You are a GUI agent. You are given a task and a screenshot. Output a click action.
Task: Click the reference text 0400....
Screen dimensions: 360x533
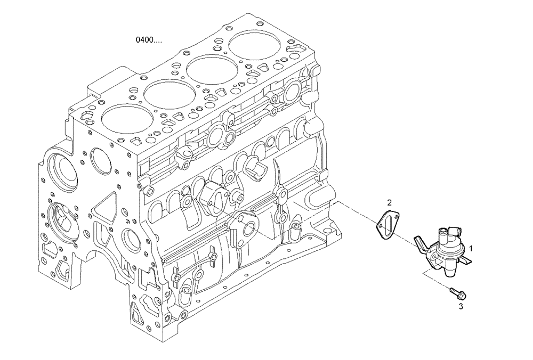(149, 40)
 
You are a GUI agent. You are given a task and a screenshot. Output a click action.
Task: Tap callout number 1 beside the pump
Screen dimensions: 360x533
(470, 248)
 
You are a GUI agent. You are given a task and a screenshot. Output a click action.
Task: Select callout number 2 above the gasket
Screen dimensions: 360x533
(389, 202)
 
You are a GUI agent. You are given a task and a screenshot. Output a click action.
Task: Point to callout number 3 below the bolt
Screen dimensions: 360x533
(461, 306)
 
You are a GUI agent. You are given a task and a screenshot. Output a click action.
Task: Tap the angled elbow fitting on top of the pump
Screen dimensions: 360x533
(453, 230)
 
